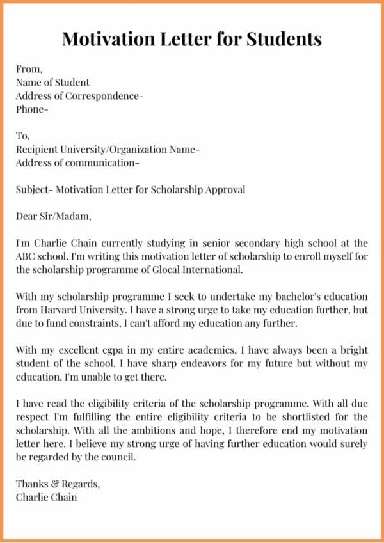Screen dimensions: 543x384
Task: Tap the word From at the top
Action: coord(29,69)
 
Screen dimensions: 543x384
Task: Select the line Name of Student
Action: coord(52,83)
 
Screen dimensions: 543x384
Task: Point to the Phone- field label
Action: coord(32,109)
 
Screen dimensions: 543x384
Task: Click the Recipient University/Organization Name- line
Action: coord(108,150)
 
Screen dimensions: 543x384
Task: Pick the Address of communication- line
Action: coord(77,162)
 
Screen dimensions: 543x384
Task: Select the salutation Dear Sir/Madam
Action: coord(54,216)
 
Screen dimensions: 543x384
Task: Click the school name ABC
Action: coord(27,256)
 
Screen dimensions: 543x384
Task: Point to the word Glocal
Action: coord(166,270)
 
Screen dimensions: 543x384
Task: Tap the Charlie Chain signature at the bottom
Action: coord(46,497)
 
